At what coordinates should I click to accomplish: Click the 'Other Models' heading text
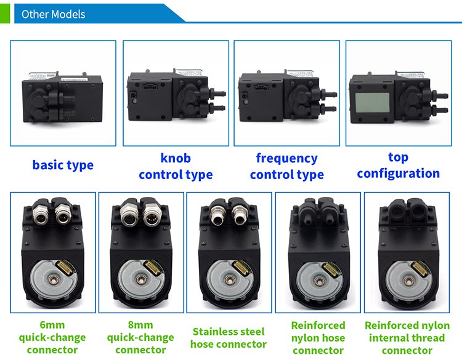point(54,14)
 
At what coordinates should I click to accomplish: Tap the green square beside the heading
point(5,14)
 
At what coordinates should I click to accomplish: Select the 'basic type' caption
point(63,165)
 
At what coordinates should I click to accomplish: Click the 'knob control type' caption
point(176,167)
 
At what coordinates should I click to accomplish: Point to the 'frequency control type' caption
point(287,167)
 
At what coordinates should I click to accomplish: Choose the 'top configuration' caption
point(399,166)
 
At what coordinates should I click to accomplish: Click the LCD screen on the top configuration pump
point(373,102)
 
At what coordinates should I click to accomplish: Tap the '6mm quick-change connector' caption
point(52,337)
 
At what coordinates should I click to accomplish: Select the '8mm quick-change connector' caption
point(140,337)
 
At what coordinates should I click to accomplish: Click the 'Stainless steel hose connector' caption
point(229,338)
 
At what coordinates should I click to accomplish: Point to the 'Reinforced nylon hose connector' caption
point(318,338)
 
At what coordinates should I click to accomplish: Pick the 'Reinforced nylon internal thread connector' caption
point(407,338)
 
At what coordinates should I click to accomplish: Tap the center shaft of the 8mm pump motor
point(140,279)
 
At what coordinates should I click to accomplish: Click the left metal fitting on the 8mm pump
point(128,215)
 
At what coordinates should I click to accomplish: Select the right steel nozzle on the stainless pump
point(239,216)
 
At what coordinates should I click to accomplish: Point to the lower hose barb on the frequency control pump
point(329,109)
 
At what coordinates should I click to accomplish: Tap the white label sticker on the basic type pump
point(73,79)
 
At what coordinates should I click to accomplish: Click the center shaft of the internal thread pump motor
point(408,281)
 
